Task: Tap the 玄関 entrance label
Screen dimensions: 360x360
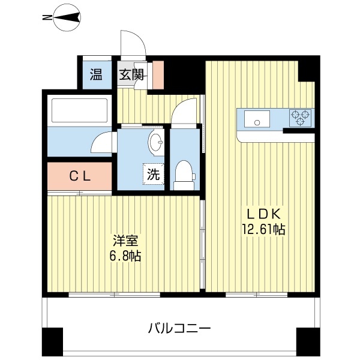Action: (131, 75)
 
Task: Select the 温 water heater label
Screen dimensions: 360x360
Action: (96, 75)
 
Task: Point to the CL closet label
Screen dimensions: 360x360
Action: (79, 176)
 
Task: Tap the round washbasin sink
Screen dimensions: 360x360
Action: (155, 143)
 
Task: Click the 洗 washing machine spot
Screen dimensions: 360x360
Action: (154, 175)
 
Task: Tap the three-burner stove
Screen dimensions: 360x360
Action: (301, 118)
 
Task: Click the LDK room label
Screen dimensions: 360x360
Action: (262, 214)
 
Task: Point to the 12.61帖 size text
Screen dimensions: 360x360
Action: (263, 229)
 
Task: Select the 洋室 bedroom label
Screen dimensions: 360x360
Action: (126, 241)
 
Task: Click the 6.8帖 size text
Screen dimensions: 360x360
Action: (126, 256)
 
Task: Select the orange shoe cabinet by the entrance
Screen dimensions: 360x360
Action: (157, 74)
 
